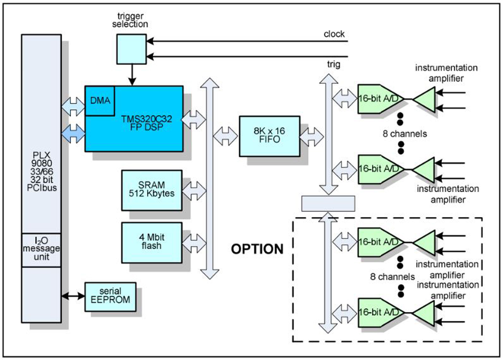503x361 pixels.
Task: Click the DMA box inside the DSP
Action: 100,101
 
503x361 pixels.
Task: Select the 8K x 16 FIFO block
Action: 269,136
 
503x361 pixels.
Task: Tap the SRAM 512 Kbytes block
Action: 152,190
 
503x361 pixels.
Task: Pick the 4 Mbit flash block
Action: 152,242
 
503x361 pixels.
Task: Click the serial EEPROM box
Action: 110,296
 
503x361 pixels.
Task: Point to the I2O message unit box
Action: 41,250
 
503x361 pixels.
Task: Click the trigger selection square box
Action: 132,49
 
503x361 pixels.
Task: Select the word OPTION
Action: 257,249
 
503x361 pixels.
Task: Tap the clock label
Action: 334,34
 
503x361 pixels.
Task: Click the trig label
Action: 333,64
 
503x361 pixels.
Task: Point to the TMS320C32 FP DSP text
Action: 146,123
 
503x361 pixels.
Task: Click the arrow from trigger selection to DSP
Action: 132,75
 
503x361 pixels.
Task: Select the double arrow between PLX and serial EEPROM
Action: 73,296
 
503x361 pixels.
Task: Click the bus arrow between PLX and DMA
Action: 73,106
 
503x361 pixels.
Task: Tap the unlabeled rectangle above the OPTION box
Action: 328,203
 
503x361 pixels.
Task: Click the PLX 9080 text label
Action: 41,171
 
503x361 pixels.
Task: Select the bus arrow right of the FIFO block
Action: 311,137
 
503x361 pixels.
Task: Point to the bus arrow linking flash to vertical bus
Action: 194,243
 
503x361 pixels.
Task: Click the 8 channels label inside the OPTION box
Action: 392,276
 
